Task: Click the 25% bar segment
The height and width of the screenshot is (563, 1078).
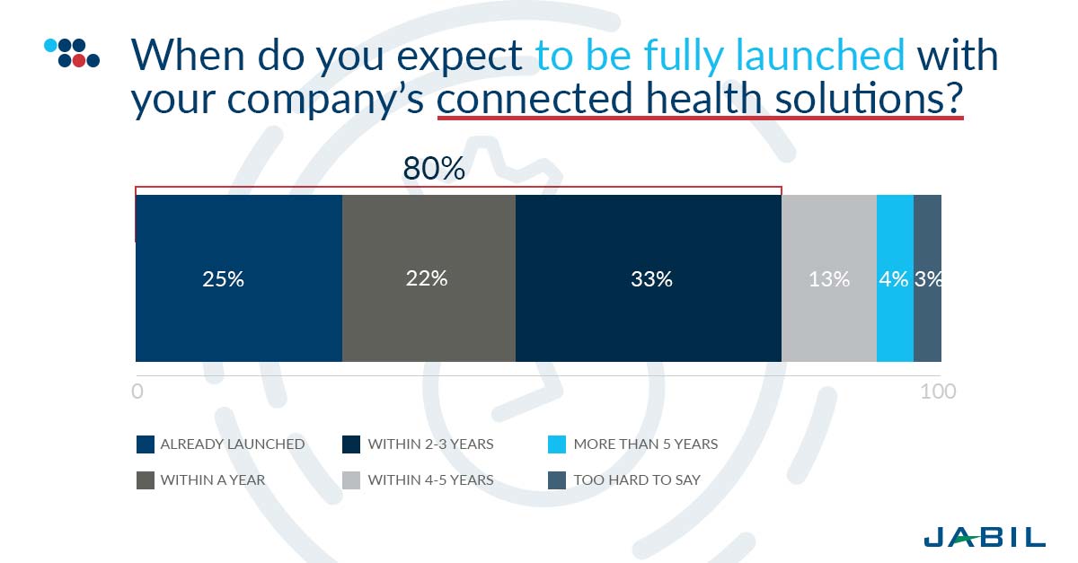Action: pyautogui.click(x=239, y=278)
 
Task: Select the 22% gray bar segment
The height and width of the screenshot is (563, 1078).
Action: pyautogui.click(x=429, y=278)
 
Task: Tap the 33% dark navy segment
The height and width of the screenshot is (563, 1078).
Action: pyautogui.click(x=649, y=278)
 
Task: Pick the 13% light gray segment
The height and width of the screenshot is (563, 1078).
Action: pyautogui.click(x=828, y=278)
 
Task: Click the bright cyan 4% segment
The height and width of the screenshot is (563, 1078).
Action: pyautogui.click(x=895, y=278)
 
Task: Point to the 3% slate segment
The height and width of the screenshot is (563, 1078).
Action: pyautogui.click(x=927, y=278)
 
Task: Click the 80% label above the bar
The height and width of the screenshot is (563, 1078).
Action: pyautogui.click(x=434, y=169)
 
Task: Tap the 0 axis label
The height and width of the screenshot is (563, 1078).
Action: pyautogui.click(x=137, y=391)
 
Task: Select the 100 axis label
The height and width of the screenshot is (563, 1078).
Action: pyautogui.click(x=938, y=391)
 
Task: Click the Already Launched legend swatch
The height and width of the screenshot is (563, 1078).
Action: pyautogui.click(x=146, y=444)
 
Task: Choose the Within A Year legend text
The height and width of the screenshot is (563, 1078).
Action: pyautogui.click(x=213, y=479)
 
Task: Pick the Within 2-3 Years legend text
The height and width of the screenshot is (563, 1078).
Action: pyautogui.click(x=430, y=444)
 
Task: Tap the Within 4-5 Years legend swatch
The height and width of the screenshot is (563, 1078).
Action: pyautogui.click(x=351, y=480)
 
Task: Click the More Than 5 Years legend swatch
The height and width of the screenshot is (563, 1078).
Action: pyautogui.click(x=557, y=444)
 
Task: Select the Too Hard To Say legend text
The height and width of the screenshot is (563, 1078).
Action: pyautogui.click(x=637, y=479)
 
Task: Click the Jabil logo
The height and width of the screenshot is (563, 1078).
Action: pyautogui.click(x=985, y=537)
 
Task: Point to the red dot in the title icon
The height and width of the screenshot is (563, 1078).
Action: pyautogui.click(x=79, y=61)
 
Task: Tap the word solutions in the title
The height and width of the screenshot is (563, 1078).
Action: pyautogui.click(x=869, y=98)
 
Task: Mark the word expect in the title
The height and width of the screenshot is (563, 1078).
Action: pyautogui.click(x=459, y=57)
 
